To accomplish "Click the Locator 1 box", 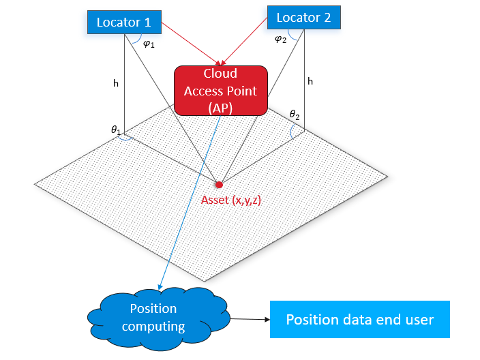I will point(123,22).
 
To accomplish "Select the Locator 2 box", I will point(303,18).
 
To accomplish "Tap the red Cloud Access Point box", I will point(220,90).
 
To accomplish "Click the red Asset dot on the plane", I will point(219,184).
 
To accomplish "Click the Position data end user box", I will point(359,319).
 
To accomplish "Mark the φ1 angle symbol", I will point(149,45).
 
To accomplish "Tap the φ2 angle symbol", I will point(280,40).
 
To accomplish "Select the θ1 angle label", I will point(116,129).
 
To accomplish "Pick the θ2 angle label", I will point(295,115).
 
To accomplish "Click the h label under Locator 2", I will point(310,81).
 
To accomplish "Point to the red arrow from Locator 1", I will point(191,46).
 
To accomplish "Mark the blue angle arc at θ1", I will point(127,136).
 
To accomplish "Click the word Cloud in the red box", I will point(220,73).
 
